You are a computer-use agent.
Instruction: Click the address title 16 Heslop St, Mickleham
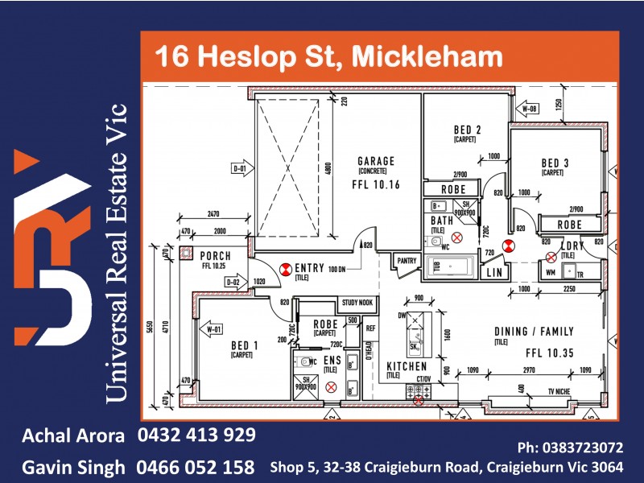[328, 56]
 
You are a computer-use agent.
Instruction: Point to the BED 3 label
[555, 163]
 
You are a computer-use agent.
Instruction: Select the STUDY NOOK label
[357, 303]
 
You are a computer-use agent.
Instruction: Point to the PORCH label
[216, 256]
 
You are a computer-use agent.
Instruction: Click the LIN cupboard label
[495, 274]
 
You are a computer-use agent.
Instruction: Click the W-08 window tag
[529, 107]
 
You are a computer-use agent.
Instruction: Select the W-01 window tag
[213, 328]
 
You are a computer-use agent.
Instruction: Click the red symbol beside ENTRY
[284, 269]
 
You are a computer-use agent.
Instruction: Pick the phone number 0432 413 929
[196, 436]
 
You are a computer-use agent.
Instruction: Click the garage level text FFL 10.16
[376, 184]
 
